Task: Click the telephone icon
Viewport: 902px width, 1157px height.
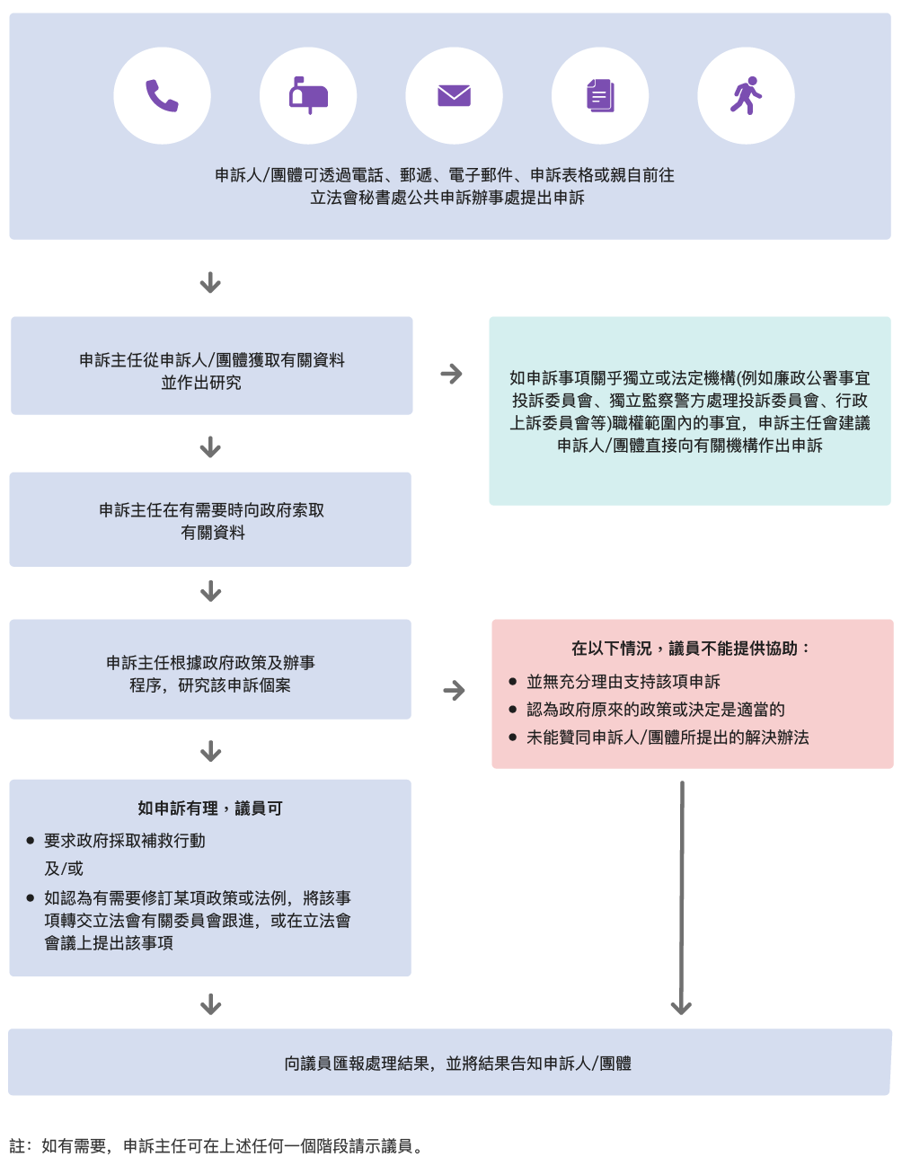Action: pos(163,96)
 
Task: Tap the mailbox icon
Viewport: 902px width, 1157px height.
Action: pos(308,96)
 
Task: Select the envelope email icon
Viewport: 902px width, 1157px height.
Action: pos(454,96)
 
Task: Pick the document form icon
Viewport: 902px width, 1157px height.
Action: pos(600,96)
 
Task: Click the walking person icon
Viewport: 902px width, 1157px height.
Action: pos(746,96)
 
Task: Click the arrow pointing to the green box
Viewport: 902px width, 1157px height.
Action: pos(452,374)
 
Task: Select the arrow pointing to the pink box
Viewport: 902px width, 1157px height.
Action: pos(455,690)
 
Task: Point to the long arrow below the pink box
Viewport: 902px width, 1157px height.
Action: pos(682,898)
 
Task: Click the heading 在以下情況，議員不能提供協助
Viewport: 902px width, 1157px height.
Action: pos(692,649)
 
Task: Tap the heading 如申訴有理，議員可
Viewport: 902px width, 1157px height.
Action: pos(210,808)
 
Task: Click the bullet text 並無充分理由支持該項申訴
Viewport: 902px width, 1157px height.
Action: pos(623,682)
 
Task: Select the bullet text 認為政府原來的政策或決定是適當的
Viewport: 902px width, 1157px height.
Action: pos(656,710)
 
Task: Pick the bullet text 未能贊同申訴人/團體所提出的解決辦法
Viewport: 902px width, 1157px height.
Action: pos(668,737)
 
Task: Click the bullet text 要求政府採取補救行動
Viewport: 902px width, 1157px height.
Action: pos(125,841)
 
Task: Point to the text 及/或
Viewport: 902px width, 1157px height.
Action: pos(64,869)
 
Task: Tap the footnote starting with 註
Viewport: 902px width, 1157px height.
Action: pos(217,1146)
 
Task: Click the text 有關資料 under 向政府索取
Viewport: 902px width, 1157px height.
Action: pos(213,533)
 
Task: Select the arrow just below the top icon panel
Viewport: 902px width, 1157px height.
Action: pos(210,283)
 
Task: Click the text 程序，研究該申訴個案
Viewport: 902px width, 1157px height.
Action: pos(210,685)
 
